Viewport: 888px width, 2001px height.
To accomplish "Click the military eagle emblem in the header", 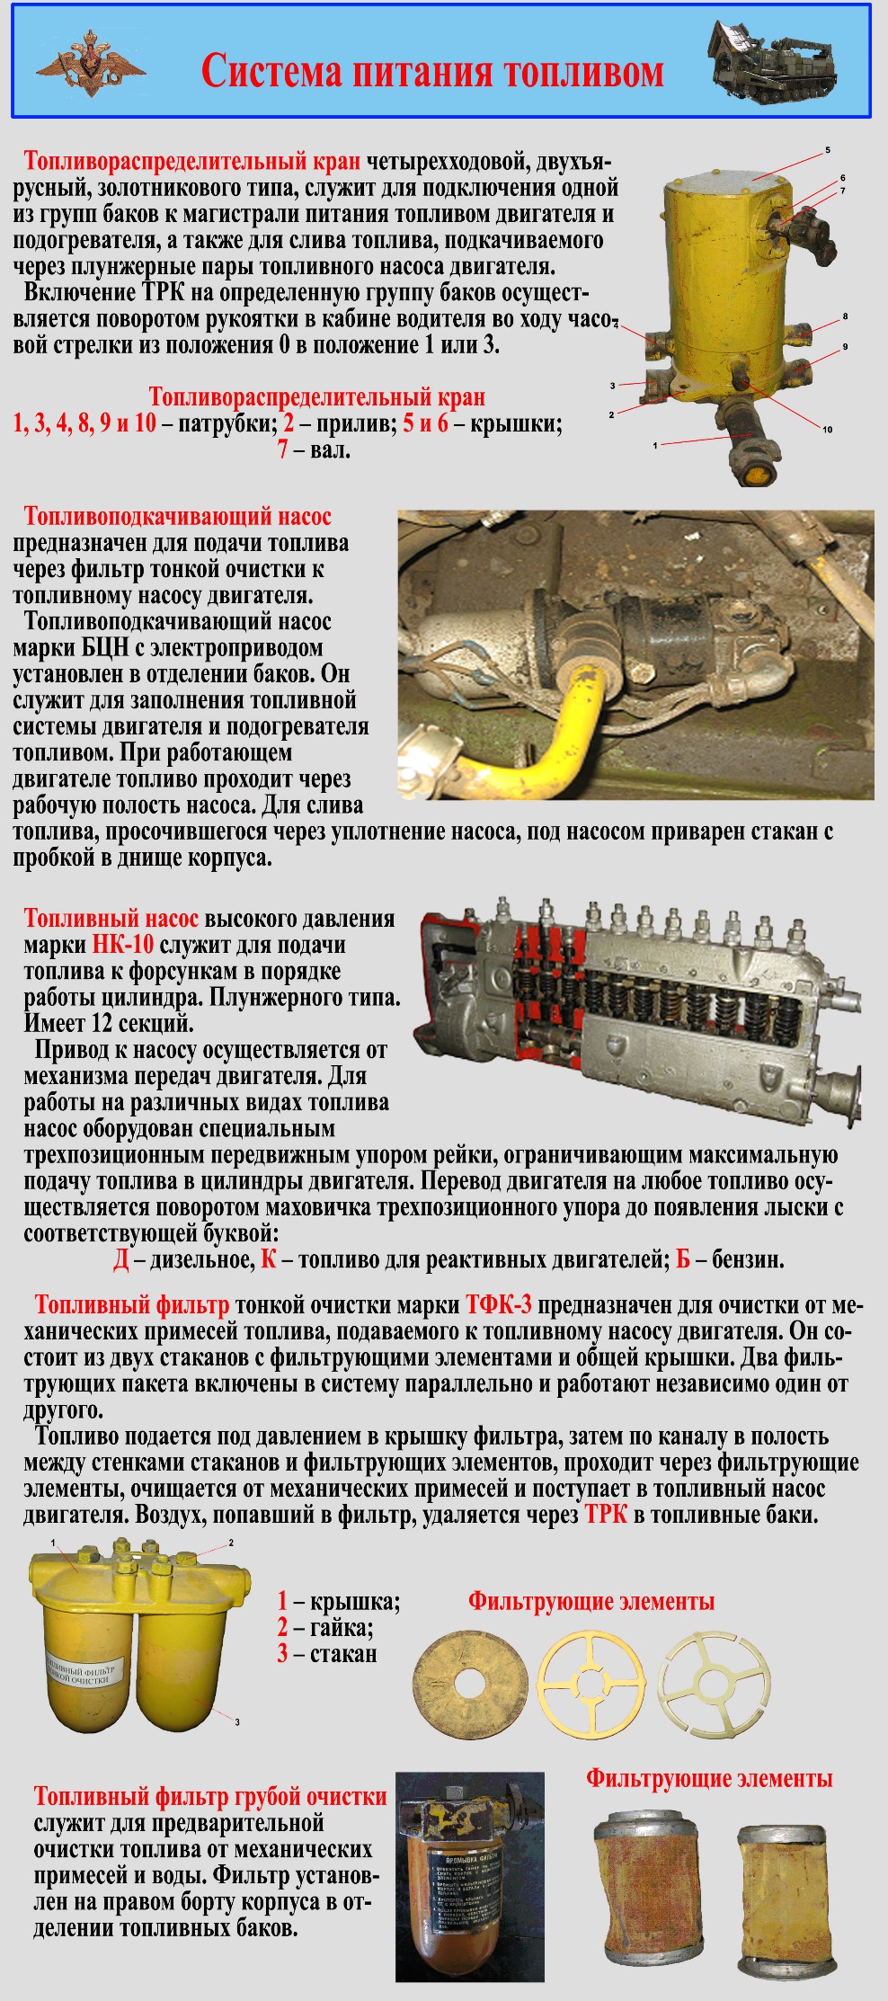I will [x=90, y=62].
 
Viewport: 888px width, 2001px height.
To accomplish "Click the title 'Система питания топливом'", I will [x=432, y=71].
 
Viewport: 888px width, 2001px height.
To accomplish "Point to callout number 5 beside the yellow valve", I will [x=828, y=150].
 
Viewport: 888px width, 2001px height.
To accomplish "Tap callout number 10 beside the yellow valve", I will [x=828, y=430].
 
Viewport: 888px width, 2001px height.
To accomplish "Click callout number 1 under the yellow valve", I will [x=655, y=445].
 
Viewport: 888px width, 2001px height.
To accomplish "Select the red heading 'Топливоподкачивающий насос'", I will [x=177, y=517].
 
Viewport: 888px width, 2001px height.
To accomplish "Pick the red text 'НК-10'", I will [x=123, y=945].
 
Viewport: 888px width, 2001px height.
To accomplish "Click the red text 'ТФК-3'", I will [x=499, y=1305].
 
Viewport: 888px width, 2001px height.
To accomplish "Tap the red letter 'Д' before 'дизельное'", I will [x=121, y=1259].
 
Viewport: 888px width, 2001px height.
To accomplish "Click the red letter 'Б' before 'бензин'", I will [x=683, y=1259].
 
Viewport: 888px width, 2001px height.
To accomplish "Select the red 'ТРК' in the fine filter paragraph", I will [x=606, y=1515].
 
